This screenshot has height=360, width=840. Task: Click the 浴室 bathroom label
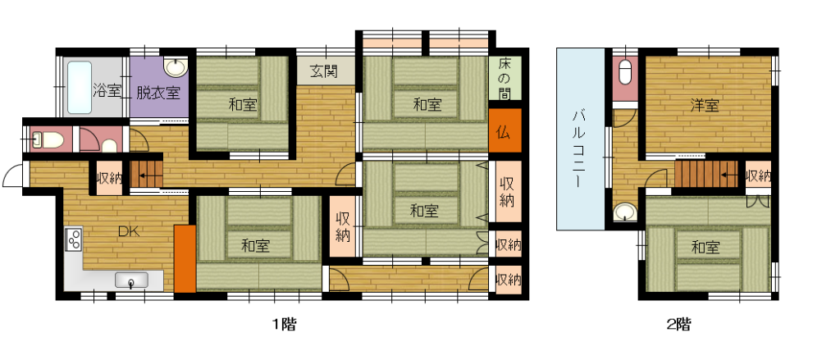[x=107, y=90]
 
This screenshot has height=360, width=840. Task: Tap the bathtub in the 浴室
[x=80, y=87]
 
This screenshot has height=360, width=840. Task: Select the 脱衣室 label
[x=157, y=93]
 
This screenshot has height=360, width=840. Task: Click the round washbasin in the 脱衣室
[x=176, y=67]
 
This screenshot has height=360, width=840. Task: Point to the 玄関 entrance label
[x=325, y=71]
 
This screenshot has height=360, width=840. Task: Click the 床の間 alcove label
[x=504, y=78]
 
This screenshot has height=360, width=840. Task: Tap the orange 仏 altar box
[x=504, y=130]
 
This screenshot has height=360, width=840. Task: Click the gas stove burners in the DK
[x=73, y=239]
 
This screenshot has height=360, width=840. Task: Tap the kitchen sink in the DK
[x=131, y=280]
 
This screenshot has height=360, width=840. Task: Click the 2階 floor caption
[x=678, y=324]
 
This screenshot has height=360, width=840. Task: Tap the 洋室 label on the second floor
[x=704, y=106]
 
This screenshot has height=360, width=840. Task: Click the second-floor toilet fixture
[x=625, y=72]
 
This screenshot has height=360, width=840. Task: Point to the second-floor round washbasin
[x=624, y=212]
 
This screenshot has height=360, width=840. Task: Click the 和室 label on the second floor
[x=705, y=248]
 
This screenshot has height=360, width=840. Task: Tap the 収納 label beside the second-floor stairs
[x=758, y=175]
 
